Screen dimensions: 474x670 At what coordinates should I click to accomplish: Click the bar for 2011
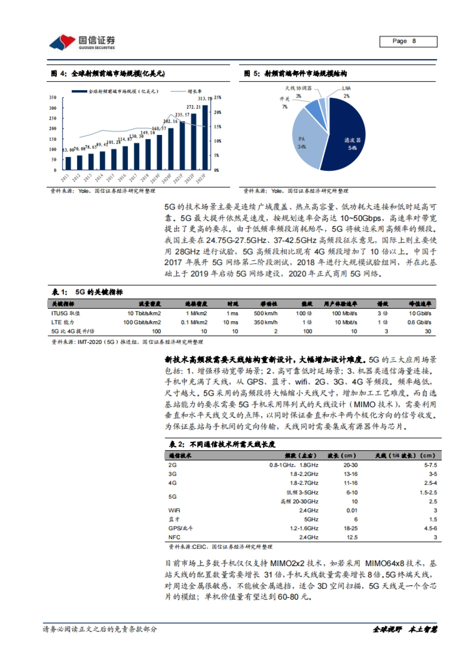68,163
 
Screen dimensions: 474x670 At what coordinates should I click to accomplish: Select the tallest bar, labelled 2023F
205,137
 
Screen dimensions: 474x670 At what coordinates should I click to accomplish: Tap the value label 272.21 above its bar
193,107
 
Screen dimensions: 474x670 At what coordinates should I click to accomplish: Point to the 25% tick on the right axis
217,97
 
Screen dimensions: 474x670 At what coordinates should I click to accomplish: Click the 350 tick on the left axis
53,97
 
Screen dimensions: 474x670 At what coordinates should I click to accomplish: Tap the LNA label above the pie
346,88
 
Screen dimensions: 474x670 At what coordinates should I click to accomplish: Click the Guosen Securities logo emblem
62,42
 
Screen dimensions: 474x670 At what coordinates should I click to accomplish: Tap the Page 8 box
408,41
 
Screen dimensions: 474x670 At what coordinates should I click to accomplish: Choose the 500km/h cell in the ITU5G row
265,313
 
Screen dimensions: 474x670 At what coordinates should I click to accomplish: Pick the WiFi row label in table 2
174,510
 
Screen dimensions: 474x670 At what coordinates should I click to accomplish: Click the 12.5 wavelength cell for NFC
352,537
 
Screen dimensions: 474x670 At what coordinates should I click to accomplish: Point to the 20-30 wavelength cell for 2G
350,465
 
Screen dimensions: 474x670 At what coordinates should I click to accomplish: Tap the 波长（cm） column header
342,455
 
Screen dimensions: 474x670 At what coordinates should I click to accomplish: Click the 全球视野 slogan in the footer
387,629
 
